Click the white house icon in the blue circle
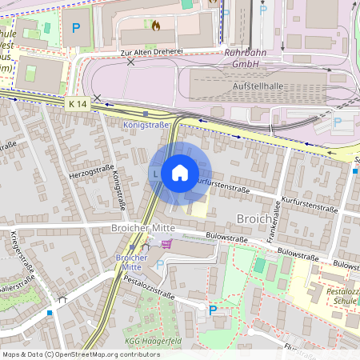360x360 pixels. (x=180, y=172)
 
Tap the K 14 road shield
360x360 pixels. (x=78, y=104)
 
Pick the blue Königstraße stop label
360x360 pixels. (x=147, y=125)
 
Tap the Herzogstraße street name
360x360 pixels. (x=90, y=171)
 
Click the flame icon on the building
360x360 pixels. (x=155, y=26)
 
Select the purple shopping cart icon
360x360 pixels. (x=166, y=244)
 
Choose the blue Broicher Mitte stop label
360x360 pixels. (x=131, y=263)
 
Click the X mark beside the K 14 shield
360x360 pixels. (x=97, y=98)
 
